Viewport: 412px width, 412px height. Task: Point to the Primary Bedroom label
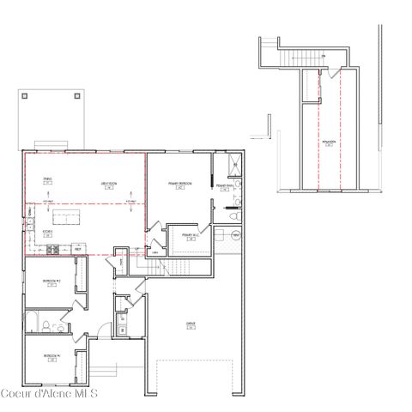(179, 185)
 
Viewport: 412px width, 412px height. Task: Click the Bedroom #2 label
(51, 281)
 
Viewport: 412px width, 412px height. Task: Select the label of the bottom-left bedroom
(51, 357)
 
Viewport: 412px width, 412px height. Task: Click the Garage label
(191, 324)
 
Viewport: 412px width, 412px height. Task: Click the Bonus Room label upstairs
(329, 142)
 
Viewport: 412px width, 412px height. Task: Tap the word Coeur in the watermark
(16, 394)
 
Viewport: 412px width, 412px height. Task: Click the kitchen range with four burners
(51, 250)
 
